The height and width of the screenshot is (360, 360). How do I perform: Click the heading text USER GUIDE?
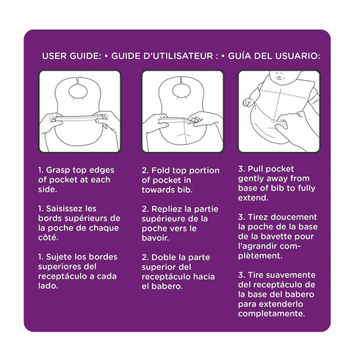coord(71,56)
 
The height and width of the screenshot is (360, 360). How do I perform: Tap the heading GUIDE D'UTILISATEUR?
coord(165,56)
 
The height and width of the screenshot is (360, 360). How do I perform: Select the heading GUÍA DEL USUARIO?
coord(274,56)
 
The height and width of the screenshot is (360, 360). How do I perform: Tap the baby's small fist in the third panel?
coord(248,102)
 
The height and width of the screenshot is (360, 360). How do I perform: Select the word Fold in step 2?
coord(160,170)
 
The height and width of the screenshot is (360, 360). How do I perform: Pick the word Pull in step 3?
coord(256,169)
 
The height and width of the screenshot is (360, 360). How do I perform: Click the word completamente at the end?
coord(271,314)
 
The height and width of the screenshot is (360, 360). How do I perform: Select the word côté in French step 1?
coord(48,237)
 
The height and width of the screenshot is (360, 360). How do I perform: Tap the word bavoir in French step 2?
coord(155,238)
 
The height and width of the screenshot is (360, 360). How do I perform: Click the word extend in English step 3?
coord(253,198)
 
